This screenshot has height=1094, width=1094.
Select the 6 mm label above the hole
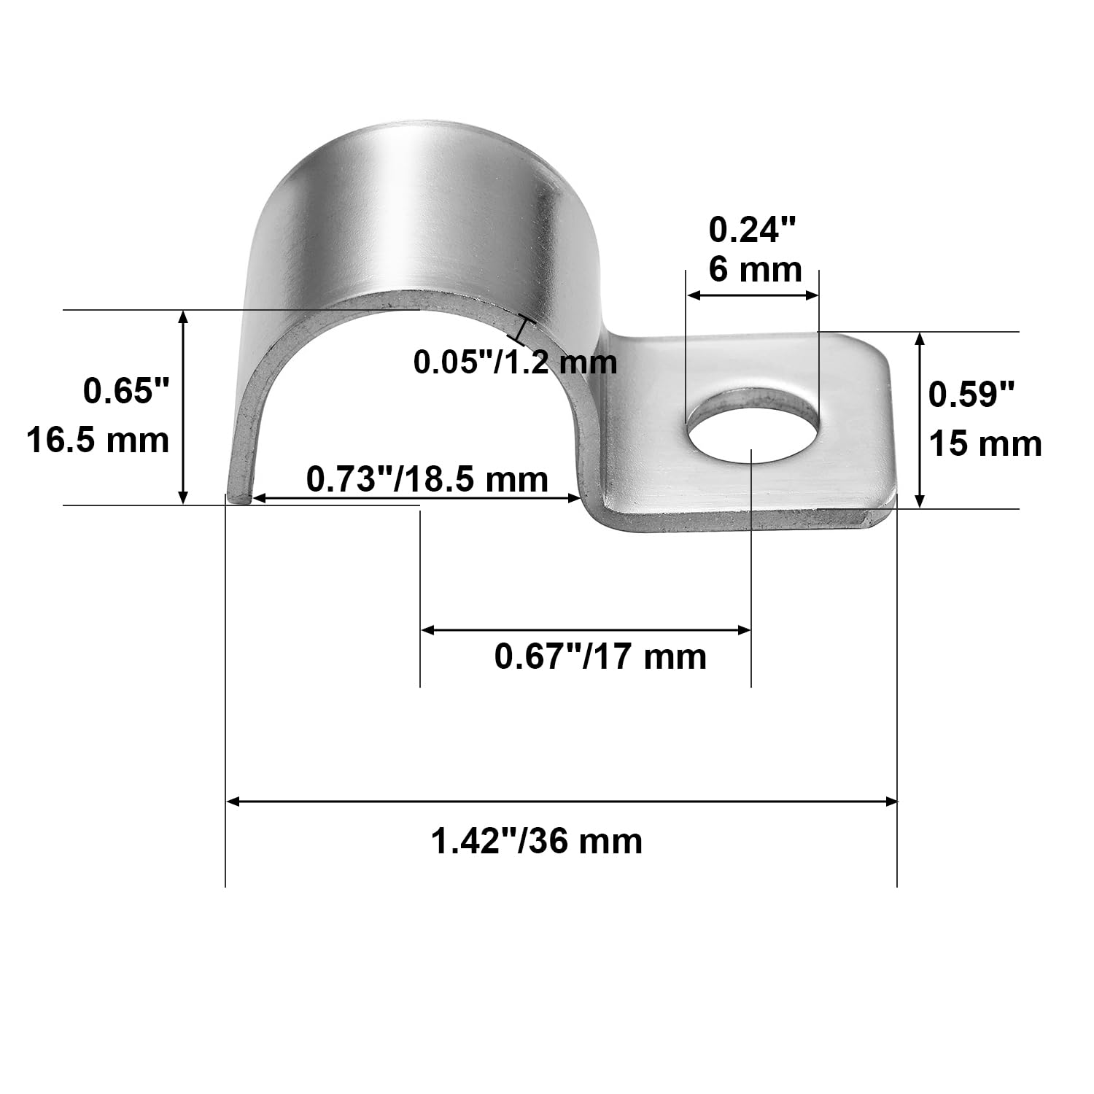click(756, 270)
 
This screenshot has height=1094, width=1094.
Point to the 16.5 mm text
click(98, 441)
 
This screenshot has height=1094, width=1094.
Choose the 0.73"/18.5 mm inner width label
click(427, 479)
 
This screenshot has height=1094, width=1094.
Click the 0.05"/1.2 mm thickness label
click(515, 362)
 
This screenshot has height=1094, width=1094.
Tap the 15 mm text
click(985, 444)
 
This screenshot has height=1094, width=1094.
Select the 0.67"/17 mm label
click(600, 656)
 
